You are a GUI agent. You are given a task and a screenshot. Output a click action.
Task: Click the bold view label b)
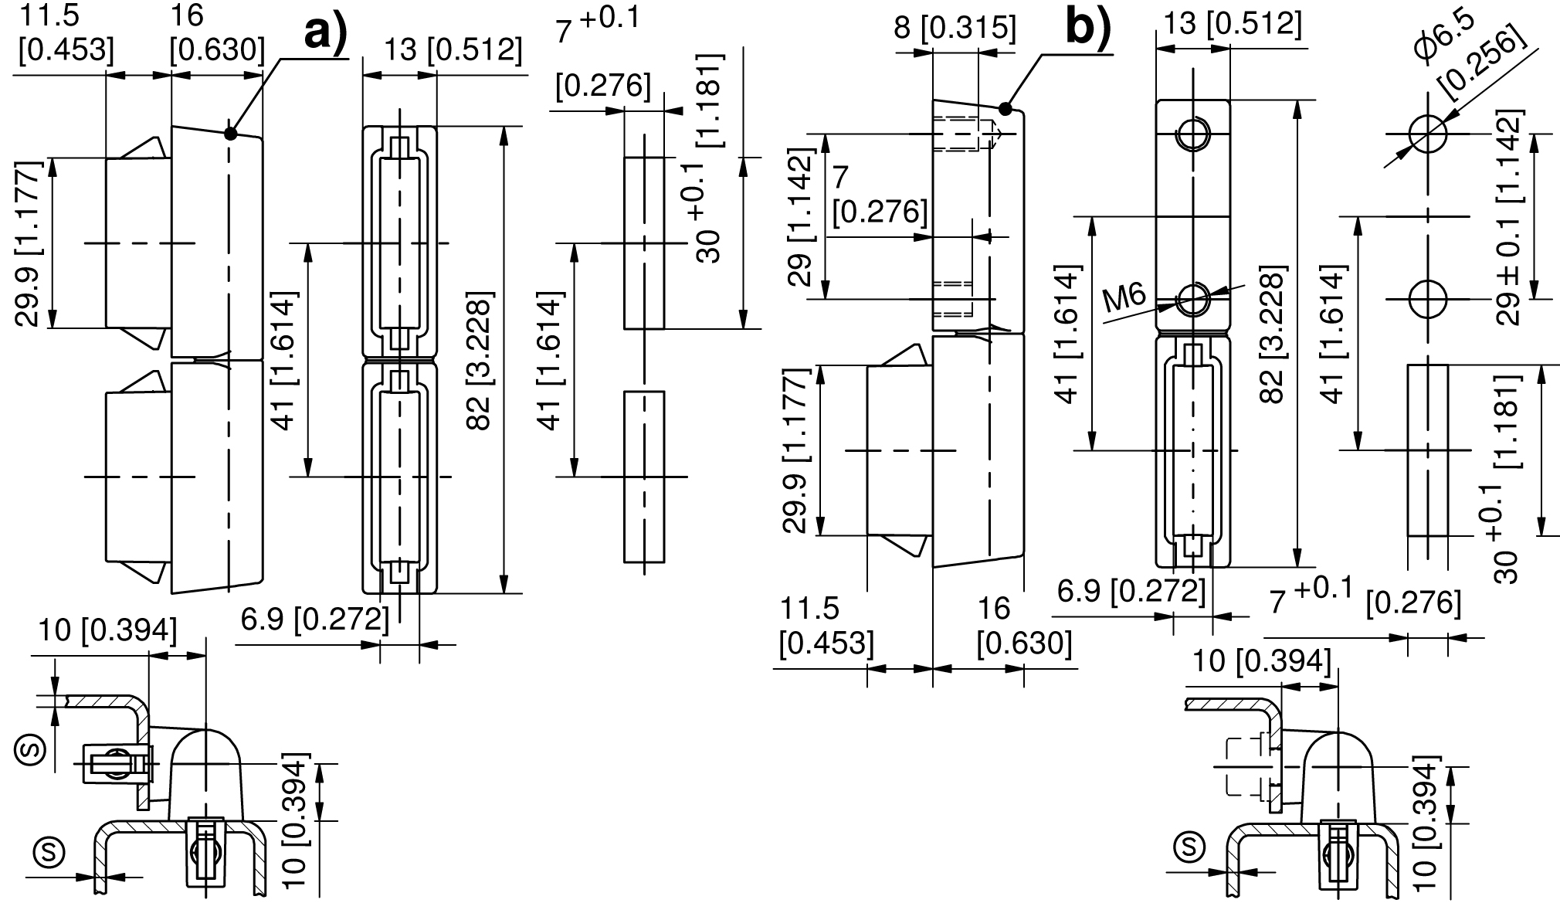pos(1088,29)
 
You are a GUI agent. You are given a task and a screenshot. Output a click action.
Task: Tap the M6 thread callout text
pos(1124,297)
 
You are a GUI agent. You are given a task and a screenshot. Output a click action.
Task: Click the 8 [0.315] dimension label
pos(955,28)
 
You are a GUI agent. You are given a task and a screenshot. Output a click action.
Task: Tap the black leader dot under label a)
pos(230,133)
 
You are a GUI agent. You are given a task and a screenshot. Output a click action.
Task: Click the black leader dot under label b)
pos(1005,108)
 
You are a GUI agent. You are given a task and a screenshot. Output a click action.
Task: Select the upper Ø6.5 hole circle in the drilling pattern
pos(1427,134)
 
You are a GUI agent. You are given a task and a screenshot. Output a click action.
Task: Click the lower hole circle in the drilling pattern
pos(1427,298)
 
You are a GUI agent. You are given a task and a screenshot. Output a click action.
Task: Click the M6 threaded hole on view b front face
pos(1192,298)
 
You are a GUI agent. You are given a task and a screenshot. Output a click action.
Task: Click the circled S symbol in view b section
pos(1189,846)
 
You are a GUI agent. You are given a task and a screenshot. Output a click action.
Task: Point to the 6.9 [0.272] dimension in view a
pos(314,619)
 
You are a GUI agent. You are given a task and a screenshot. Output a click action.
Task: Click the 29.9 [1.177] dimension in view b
pos(795,450)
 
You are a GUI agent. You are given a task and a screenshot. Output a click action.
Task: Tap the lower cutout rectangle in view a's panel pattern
pos(644,477)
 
